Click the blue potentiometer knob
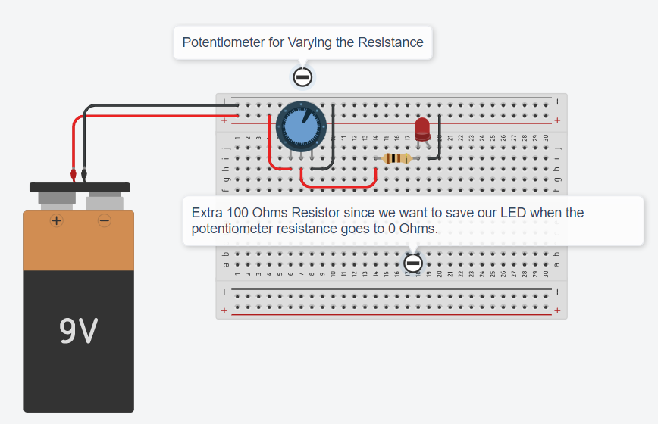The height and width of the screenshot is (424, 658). pos(301,126)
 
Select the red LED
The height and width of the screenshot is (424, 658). pos(422,129)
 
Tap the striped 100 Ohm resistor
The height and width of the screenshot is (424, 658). pos(396,158)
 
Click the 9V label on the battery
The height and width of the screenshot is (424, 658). pos(79,330)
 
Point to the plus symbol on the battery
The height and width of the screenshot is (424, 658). pos(57,220)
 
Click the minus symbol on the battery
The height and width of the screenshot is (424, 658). pos(105,220)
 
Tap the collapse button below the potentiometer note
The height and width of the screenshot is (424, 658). pos(302,77)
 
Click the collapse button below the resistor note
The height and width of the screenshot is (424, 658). pos(413,263)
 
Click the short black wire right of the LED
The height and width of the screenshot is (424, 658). pos(439,139)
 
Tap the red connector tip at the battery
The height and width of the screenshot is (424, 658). pos(74,174)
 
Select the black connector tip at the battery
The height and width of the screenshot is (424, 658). pos(84,174)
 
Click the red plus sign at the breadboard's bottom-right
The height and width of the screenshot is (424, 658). pos(557,310)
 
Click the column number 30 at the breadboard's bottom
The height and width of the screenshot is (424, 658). pos(546,273)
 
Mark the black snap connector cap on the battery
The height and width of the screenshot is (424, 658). pos(80,187)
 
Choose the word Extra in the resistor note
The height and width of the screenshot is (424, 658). pos(207,213)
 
